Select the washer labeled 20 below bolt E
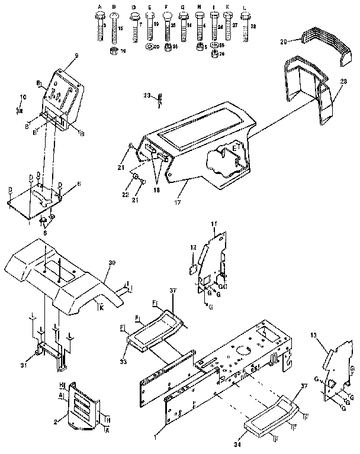(x=148, y=47)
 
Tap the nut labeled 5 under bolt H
(x=199, y=47)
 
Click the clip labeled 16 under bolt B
(x=113, y=50)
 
